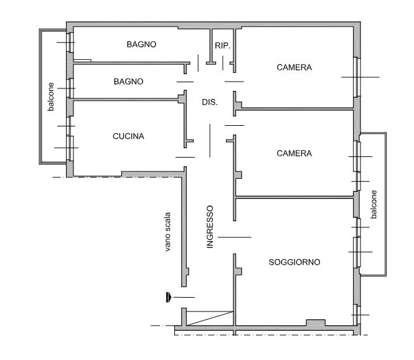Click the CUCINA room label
pos(128,136)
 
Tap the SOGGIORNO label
pos(294,262)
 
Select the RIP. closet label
pos(223,45)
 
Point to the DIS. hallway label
pos(210,102)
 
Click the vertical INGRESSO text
pos(210,227)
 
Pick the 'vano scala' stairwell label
pos(167,232)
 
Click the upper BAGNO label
pos(141,44)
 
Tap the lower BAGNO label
pos(129,82)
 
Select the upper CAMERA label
pos(294,68)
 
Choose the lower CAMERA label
pos(294,153)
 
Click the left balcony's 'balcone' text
pos(50,97)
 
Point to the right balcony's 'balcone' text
pos(374,204)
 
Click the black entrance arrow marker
pos(169,297)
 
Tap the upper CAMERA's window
pos(356,77)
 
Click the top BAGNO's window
pos(71,42)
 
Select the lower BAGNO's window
pos(71,88)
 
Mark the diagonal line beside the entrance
pos(210,318)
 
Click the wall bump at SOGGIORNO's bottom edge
pos(316,323)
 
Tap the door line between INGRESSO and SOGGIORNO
pos(235,237)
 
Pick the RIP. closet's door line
pos(223,63)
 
